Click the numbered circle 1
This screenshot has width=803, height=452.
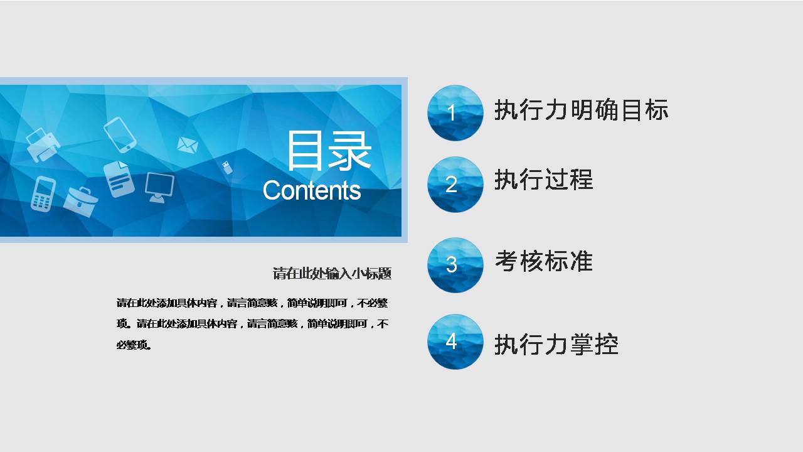pos(455,113)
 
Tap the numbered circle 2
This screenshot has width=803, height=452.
pos(455,185)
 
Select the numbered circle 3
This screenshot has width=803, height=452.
pos(455,265)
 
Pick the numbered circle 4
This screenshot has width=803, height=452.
pos(455,342)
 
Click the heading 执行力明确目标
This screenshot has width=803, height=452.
pos(581,110)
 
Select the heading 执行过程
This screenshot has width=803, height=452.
pos(543,180)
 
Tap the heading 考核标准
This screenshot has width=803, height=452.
pos(543,261)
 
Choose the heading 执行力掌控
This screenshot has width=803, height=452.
pos(556,345)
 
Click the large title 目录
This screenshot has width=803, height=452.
pos(329,151)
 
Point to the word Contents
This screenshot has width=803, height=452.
pos(312,190)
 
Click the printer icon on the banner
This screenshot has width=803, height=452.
pos(43,145)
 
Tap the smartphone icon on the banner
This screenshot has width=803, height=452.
pos(120,134)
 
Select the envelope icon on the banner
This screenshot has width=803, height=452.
pos(187,145)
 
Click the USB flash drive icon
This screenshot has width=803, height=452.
pos(226,168)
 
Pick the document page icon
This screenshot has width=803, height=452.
pos(119,178)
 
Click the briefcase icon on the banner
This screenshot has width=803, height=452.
pos(81,201)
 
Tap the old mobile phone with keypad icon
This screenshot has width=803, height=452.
pos(43,194)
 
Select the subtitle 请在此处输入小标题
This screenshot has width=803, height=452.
pos(332,274)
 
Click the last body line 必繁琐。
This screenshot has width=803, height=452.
pos(134,345)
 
